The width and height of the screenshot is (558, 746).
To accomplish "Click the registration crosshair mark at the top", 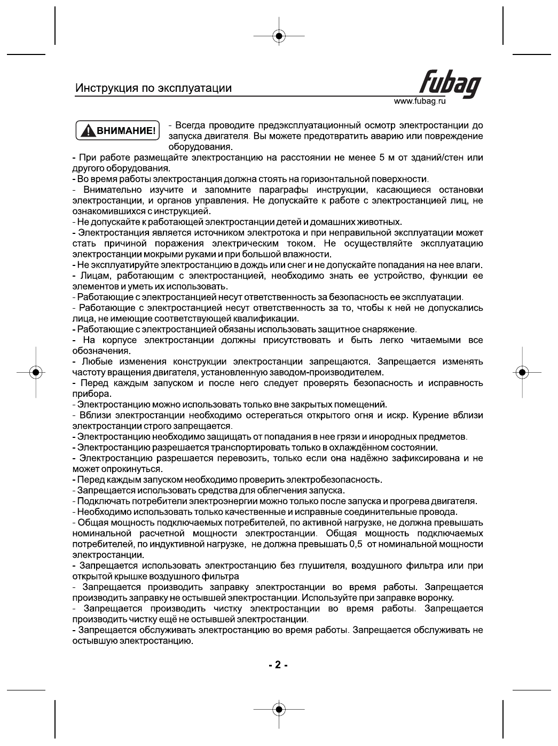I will tap(278, 36).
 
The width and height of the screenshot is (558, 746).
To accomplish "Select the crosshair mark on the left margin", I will tap(35, 372).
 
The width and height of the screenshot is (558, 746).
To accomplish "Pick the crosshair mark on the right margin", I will tap(522, 372).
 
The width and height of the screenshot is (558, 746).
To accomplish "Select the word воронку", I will tap(437, 598).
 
